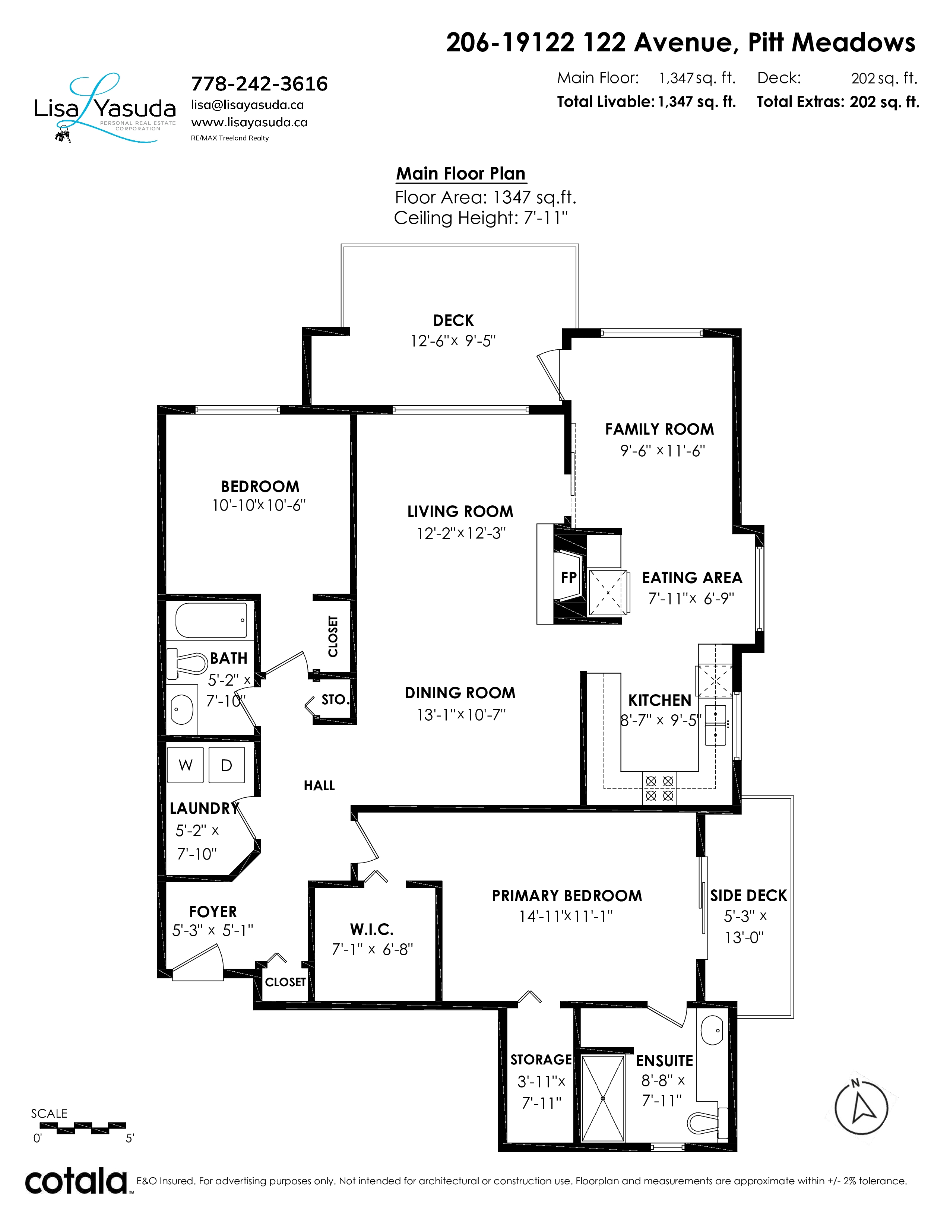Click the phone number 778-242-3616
(259, 84)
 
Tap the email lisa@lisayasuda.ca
(248, 105)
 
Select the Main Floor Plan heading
(461, 173)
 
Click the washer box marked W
(186, 765)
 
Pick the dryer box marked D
(227, 765)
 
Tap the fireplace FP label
(569, 577)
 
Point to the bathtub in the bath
(211, 620)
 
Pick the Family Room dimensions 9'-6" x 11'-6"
(662, 451)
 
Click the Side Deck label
(748, 895)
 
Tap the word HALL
(319, 785)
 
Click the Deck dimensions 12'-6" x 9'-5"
(453, 341)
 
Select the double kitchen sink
(715, 725)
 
